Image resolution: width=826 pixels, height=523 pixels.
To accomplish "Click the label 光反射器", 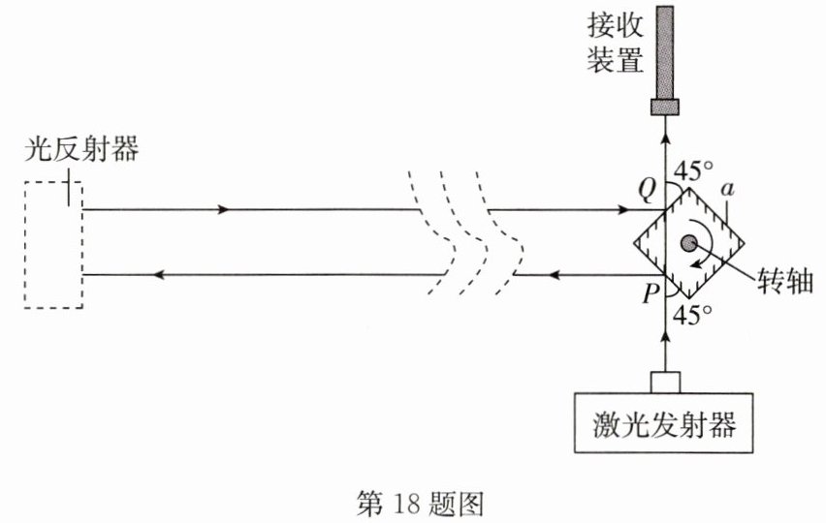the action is coord(81,149).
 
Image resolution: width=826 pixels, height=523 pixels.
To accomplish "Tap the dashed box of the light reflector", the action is coord(25,245).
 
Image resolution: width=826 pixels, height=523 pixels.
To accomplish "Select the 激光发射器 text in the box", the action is coord(664,424).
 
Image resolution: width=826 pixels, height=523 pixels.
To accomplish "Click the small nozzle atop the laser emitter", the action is coord(665,383).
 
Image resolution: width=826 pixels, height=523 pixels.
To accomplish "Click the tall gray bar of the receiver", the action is coord(665,52).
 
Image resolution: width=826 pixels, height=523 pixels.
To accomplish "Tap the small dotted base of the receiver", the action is coord(665,108).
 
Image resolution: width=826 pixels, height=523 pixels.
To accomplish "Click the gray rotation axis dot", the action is coord(689,243).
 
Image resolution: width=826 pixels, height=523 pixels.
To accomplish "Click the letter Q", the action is coord(647,190).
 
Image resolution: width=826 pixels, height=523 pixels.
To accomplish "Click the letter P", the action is coord(651,294).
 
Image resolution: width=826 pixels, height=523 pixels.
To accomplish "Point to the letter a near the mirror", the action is coord(727,189).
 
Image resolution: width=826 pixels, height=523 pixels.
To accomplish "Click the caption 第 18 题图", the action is coord(420,504).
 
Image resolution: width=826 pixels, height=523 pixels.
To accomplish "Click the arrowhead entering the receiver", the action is coord(665,138).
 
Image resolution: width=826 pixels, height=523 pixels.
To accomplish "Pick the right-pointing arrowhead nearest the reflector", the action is coord(224,209).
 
